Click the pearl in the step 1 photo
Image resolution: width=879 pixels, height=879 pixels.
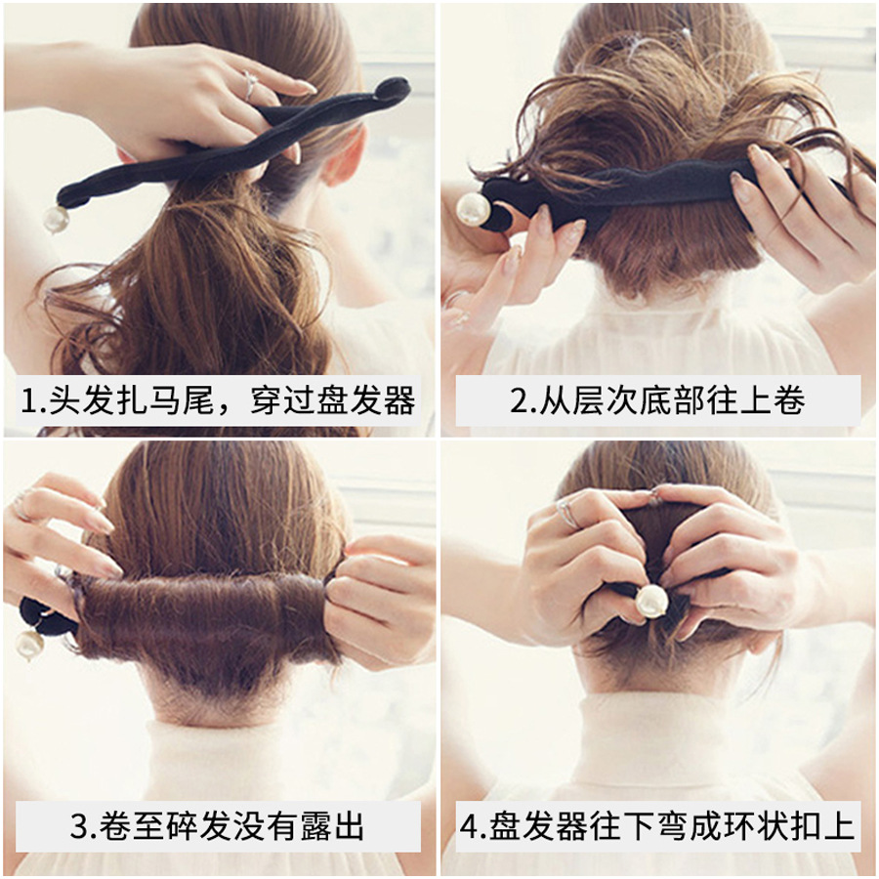[57, 219]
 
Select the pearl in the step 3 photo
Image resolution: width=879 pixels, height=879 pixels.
[30, 645]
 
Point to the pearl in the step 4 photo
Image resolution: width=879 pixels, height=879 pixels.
[651, 601]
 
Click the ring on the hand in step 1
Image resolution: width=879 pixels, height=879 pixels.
[250, 84]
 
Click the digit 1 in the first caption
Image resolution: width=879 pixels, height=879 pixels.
[27, 400]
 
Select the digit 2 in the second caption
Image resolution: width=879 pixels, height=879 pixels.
[517, 400]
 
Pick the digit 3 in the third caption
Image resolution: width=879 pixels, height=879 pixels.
[80, 826]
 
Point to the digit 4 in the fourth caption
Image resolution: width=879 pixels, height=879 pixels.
[469, 826]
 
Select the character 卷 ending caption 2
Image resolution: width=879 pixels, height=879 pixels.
[790, 400]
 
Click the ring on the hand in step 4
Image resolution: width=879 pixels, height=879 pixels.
[567, 514]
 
